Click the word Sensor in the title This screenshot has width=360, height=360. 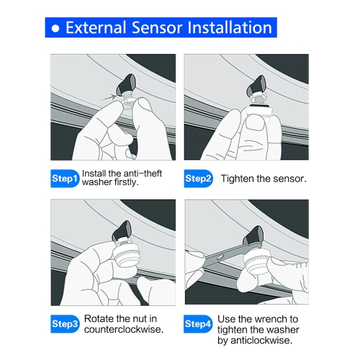157,27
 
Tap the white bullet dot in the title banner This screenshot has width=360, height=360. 55,28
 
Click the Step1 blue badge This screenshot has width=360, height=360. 65,179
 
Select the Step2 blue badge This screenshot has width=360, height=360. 198,179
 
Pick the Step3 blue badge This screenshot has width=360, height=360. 65,324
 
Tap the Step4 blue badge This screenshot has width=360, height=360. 198,324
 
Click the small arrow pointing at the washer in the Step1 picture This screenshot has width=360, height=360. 108,98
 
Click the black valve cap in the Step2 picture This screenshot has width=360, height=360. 256,86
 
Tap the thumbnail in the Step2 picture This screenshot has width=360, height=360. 256,123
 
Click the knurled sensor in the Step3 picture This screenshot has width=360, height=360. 126,256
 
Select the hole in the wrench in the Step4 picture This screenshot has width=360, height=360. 220,257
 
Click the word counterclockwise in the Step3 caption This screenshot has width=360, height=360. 124,329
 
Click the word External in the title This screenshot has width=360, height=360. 96,27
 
